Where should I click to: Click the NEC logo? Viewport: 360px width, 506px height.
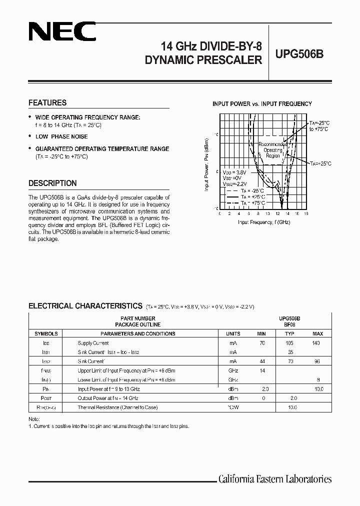pos(62,33)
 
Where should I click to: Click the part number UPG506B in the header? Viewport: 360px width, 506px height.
pos(299,54)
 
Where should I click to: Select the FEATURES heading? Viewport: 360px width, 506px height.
pos(47,102)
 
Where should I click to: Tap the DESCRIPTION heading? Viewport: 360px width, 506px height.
pos(52,183)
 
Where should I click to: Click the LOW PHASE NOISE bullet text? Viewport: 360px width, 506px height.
pos(61,136)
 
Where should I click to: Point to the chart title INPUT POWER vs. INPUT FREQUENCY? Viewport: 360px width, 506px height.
pos(262,104)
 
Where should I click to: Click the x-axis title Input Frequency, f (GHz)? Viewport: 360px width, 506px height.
pos(264,221)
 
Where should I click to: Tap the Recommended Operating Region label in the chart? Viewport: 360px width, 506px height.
pos(273,149)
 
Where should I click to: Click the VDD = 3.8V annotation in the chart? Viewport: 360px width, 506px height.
pos(234,172)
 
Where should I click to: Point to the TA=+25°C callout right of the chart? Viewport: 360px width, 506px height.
pos(320,163)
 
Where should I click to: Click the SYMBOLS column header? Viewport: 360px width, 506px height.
pos(46,333)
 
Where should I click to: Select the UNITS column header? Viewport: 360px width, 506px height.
pos(233,333)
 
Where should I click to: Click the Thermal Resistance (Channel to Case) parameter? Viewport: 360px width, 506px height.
pos(117,407)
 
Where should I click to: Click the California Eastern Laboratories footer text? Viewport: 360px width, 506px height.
pos(275,479)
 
